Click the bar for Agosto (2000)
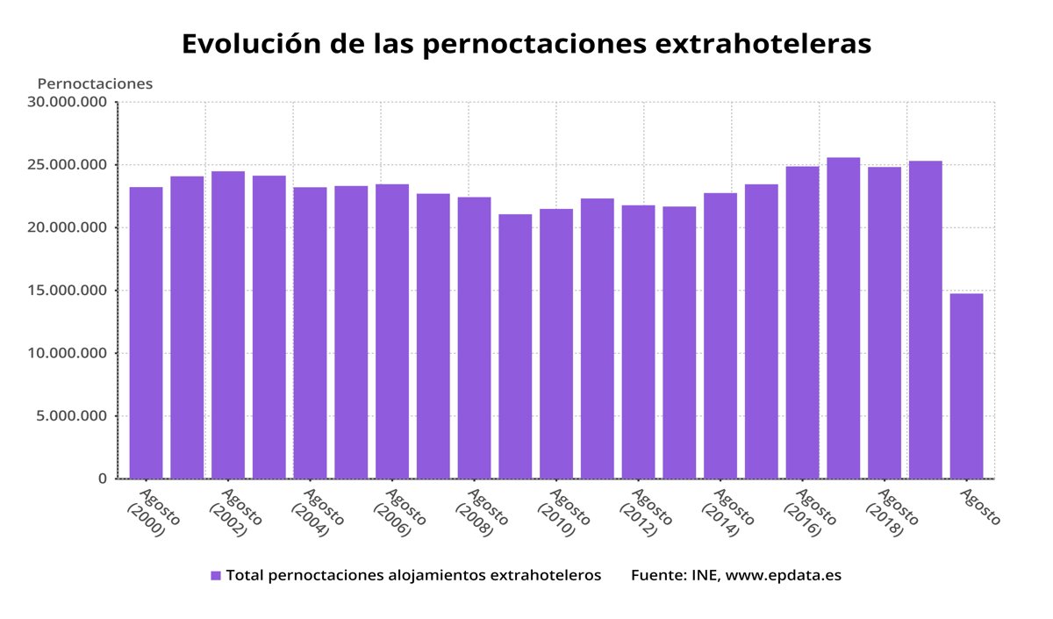point(146,333)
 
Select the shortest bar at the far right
point(966,385)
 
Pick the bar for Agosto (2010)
point(556,343)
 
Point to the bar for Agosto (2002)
point(228,325)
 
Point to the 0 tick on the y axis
point(103,479)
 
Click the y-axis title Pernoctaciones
point(95,83)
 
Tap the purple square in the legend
point(216,576)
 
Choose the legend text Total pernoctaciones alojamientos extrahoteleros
point(413,576)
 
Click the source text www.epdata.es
point(783,576)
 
